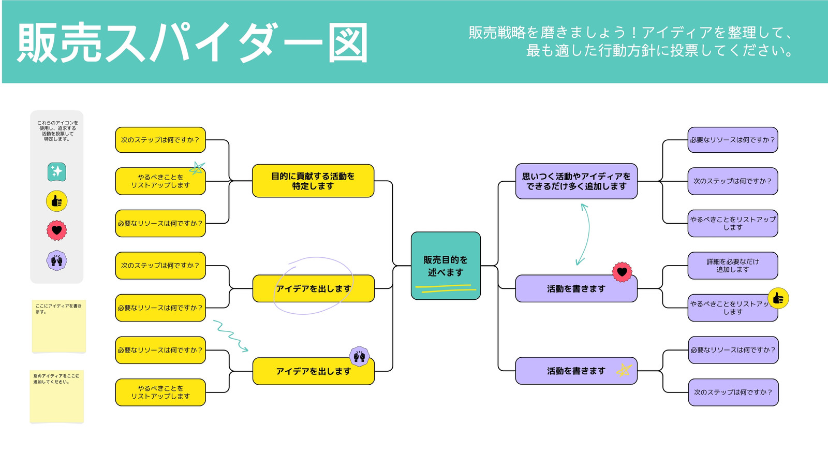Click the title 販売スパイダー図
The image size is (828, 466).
(192, 42)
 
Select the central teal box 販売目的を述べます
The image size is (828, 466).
(446, 266)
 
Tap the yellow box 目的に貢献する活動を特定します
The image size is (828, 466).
(313, 181)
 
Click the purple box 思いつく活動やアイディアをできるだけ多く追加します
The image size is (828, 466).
(576, 181)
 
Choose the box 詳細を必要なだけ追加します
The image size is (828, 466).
(733, 266)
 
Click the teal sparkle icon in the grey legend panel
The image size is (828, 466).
(56, 172)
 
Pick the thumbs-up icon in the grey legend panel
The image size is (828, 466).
(56, 201)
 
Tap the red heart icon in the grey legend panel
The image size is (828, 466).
(56, 230)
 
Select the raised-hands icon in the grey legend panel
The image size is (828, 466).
(56, 261)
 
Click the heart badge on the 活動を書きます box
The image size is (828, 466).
(622, 272)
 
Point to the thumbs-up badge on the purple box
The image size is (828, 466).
(778, 298)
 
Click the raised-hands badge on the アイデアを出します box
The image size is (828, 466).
(359, 357)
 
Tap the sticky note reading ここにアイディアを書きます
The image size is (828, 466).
(59, 326)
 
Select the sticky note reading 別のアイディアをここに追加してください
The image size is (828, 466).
(56, 396)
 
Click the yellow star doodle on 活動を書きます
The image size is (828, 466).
(624, 370)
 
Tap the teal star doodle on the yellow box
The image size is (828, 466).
(197, 168)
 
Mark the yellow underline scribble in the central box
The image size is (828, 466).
(446, 288)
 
